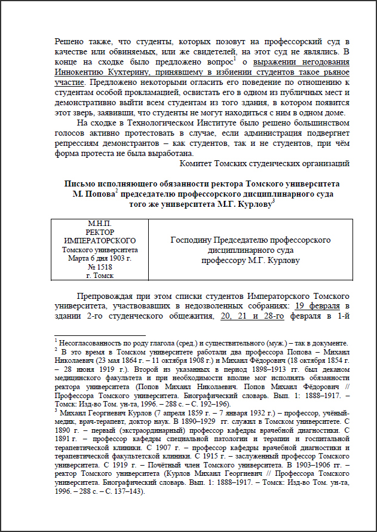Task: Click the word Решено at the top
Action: point(69,42)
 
